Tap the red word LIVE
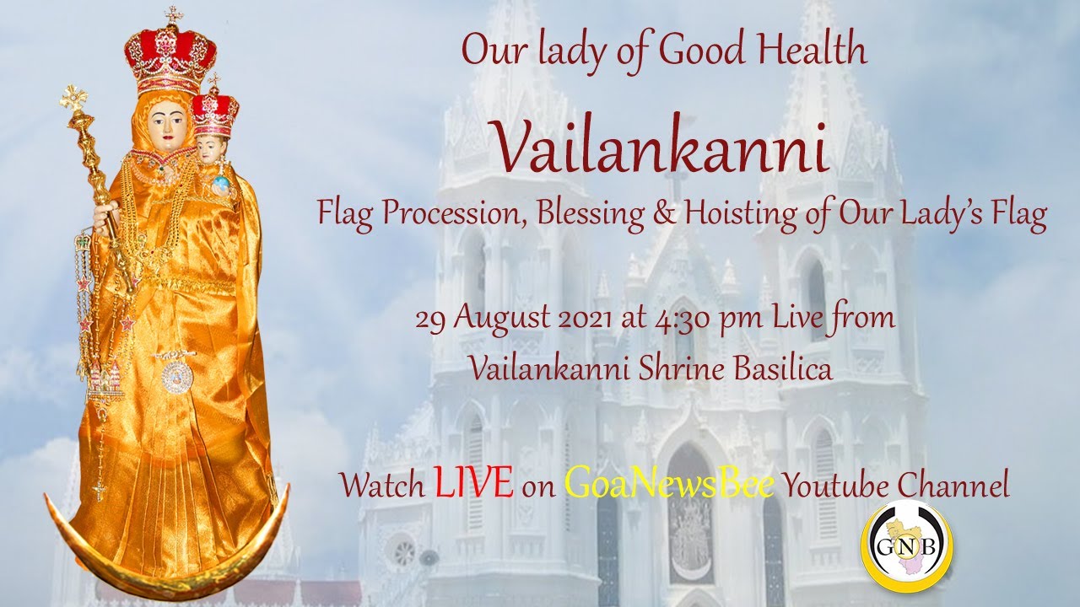pos(473,483)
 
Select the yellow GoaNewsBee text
pos(668,483)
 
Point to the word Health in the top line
pos(813,51)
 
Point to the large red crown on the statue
pos(170,52)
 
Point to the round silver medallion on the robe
pos(177,376)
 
